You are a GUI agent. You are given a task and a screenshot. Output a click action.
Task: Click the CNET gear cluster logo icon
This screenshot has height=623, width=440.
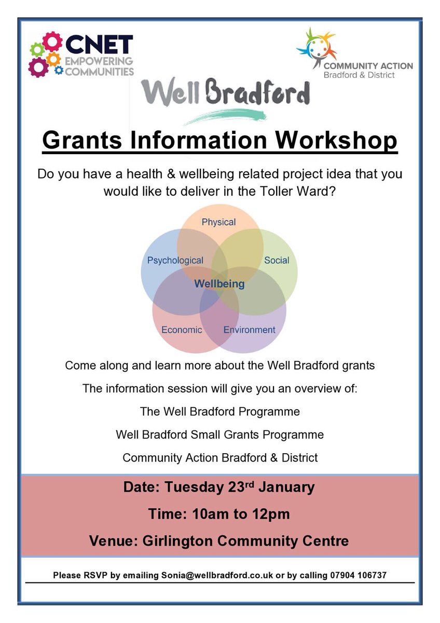click(x=46, y=55)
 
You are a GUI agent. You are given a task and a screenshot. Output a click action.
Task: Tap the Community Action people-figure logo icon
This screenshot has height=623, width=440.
click(x=316, y=47)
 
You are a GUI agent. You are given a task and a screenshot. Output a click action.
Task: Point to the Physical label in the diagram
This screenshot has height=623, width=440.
click(x=218, y=222)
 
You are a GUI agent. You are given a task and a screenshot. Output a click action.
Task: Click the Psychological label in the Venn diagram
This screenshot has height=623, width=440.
click(x=175, y=260)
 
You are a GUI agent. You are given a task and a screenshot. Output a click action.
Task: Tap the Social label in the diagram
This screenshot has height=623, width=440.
click(x=277, y=260)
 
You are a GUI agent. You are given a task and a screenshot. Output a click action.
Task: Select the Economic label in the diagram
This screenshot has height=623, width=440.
click(x=182, y=330)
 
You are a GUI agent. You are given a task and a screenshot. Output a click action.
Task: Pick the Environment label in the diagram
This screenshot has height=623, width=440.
click(x=249, y=330)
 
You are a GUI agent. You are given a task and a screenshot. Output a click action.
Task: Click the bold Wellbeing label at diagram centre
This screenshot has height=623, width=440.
click(x=219, y=285)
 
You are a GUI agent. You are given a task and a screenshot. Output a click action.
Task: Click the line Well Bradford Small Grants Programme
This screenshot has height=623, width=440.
click(x=220, y=435)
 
